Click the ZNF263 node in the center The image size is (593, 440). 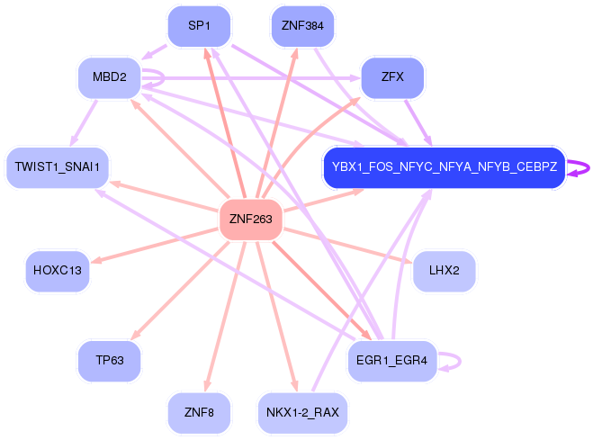coord(251,220)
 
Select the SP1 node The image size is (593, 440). coord(199,26)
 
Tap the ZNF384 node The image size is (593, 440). coord(302,26)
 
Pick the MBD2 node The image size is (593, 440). coord(109,78)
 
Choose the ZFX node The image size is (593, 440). coord(392,78)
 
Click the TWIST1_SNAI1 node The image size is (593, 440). coord(58,167)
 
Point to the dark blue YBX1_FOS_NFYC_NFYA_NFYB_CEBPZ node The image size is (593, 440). coord(445,167)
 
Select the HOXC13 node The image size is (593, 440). coord(58,271)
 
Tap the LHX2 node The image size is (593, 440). coord(445,271)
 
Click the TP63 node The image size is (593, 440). coord(109,361)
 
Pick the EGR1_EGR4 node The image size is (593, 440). coord(392,361)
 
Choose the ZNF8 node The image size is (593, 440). coord(199,412)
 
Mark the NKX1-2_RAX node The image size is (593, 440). coord(302,412)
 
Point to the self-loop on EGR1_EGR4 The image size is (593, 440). coord(460,361)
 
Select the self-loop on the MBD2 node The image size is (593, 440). coord(164,78)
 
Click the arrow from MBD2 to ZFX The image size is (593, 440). coord(250,78)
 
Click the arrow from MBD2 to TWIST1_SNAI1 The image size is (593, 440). coord(84,122)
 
